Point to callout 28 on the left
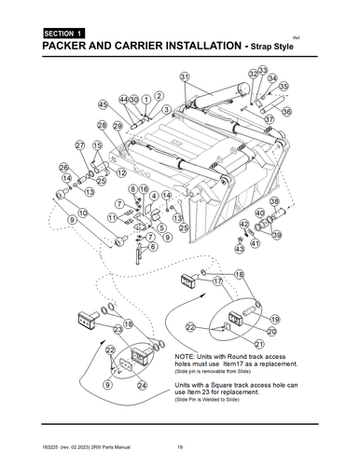[101, 124]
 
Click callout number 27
[71, 145]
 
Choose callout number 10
[83, 213]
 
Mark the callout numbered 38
[274, 201]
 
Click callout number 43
[240, 250]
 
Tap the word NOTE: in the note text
[187, 357]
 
